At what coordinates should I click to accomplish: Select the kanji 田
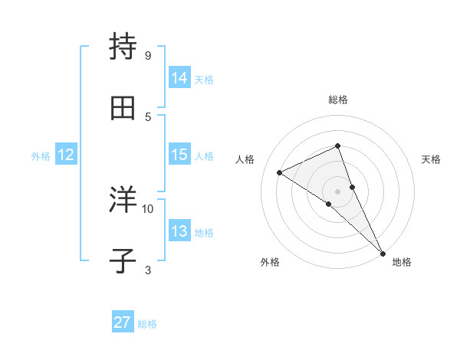[123, 109]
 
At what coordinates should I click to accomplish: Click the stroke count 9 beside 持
[147, 55]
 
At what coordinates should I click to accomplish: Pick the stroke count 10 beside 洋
[148, 208]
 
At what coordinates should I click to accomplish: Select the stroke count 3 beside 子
[147, 270]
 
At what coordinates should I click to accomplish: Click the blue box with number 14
[179, 77]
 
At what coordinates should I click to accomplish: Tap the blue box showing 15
[179, 155]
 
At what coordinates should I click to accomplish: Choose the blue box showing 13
[179, 231]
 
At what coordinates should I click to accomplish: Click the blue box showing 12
[66, 155]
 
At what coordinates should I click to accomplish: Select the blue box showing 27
[123, 322]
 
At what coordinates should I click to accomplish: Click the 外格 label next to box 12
[41, 155]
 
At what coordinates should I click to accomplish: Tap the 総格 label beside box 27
[147, 323]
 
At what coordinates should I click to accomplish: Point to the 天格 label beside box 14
[204, 78]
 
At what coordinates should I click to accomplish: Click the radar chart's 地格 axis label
[402, 262]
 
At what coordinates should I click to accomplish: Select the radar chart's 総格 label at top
[337, 100]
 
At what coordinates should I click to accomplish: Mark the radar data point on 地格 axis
[382, 252]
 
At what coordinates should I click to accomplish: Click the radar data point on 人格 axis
[279, 172]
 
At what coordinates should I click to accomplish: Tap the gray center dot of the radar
[337, 191]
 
